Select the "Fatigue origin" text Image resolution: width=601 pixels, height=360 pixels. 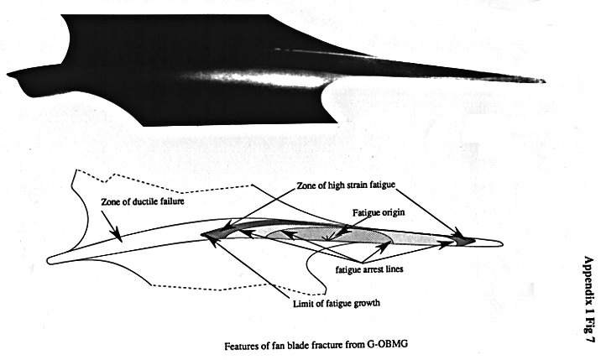click(378, 212)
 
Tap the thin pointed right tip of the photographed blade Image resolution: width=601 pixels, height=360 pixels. click(541, 81)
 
